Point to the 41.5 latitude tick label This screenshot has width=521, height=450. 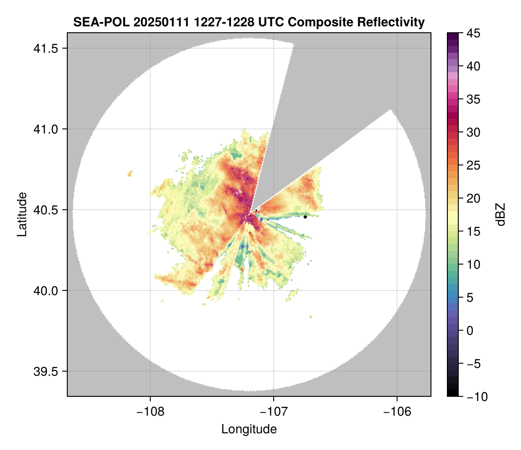pos(44,48)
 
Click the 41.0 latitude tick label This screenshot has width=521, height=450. pos(44,129)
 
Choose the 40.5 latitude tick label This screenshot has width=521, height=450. pos(44,210)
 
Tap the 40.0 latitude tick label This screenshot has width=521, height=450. pos(44,290)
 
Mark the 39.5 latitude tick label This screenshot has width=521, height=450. pos(44,371)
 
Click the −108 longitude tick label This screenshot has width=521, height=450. pos(150,412)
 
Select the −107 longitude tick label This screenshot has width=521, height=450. pos(274,412)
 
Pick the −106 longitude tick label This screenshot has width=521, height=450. pos(397,412)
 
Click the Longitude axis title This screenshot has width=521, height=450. pos(249,429)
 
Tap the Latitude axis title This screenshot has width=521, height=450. pos(22,214)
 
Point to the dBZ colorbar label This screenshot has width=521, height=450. pos(500,214)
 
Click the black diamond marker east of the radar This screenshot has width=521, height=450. pos(306,217)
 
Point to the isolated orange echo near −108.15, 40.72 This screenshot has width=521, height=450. pos(130,173)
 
